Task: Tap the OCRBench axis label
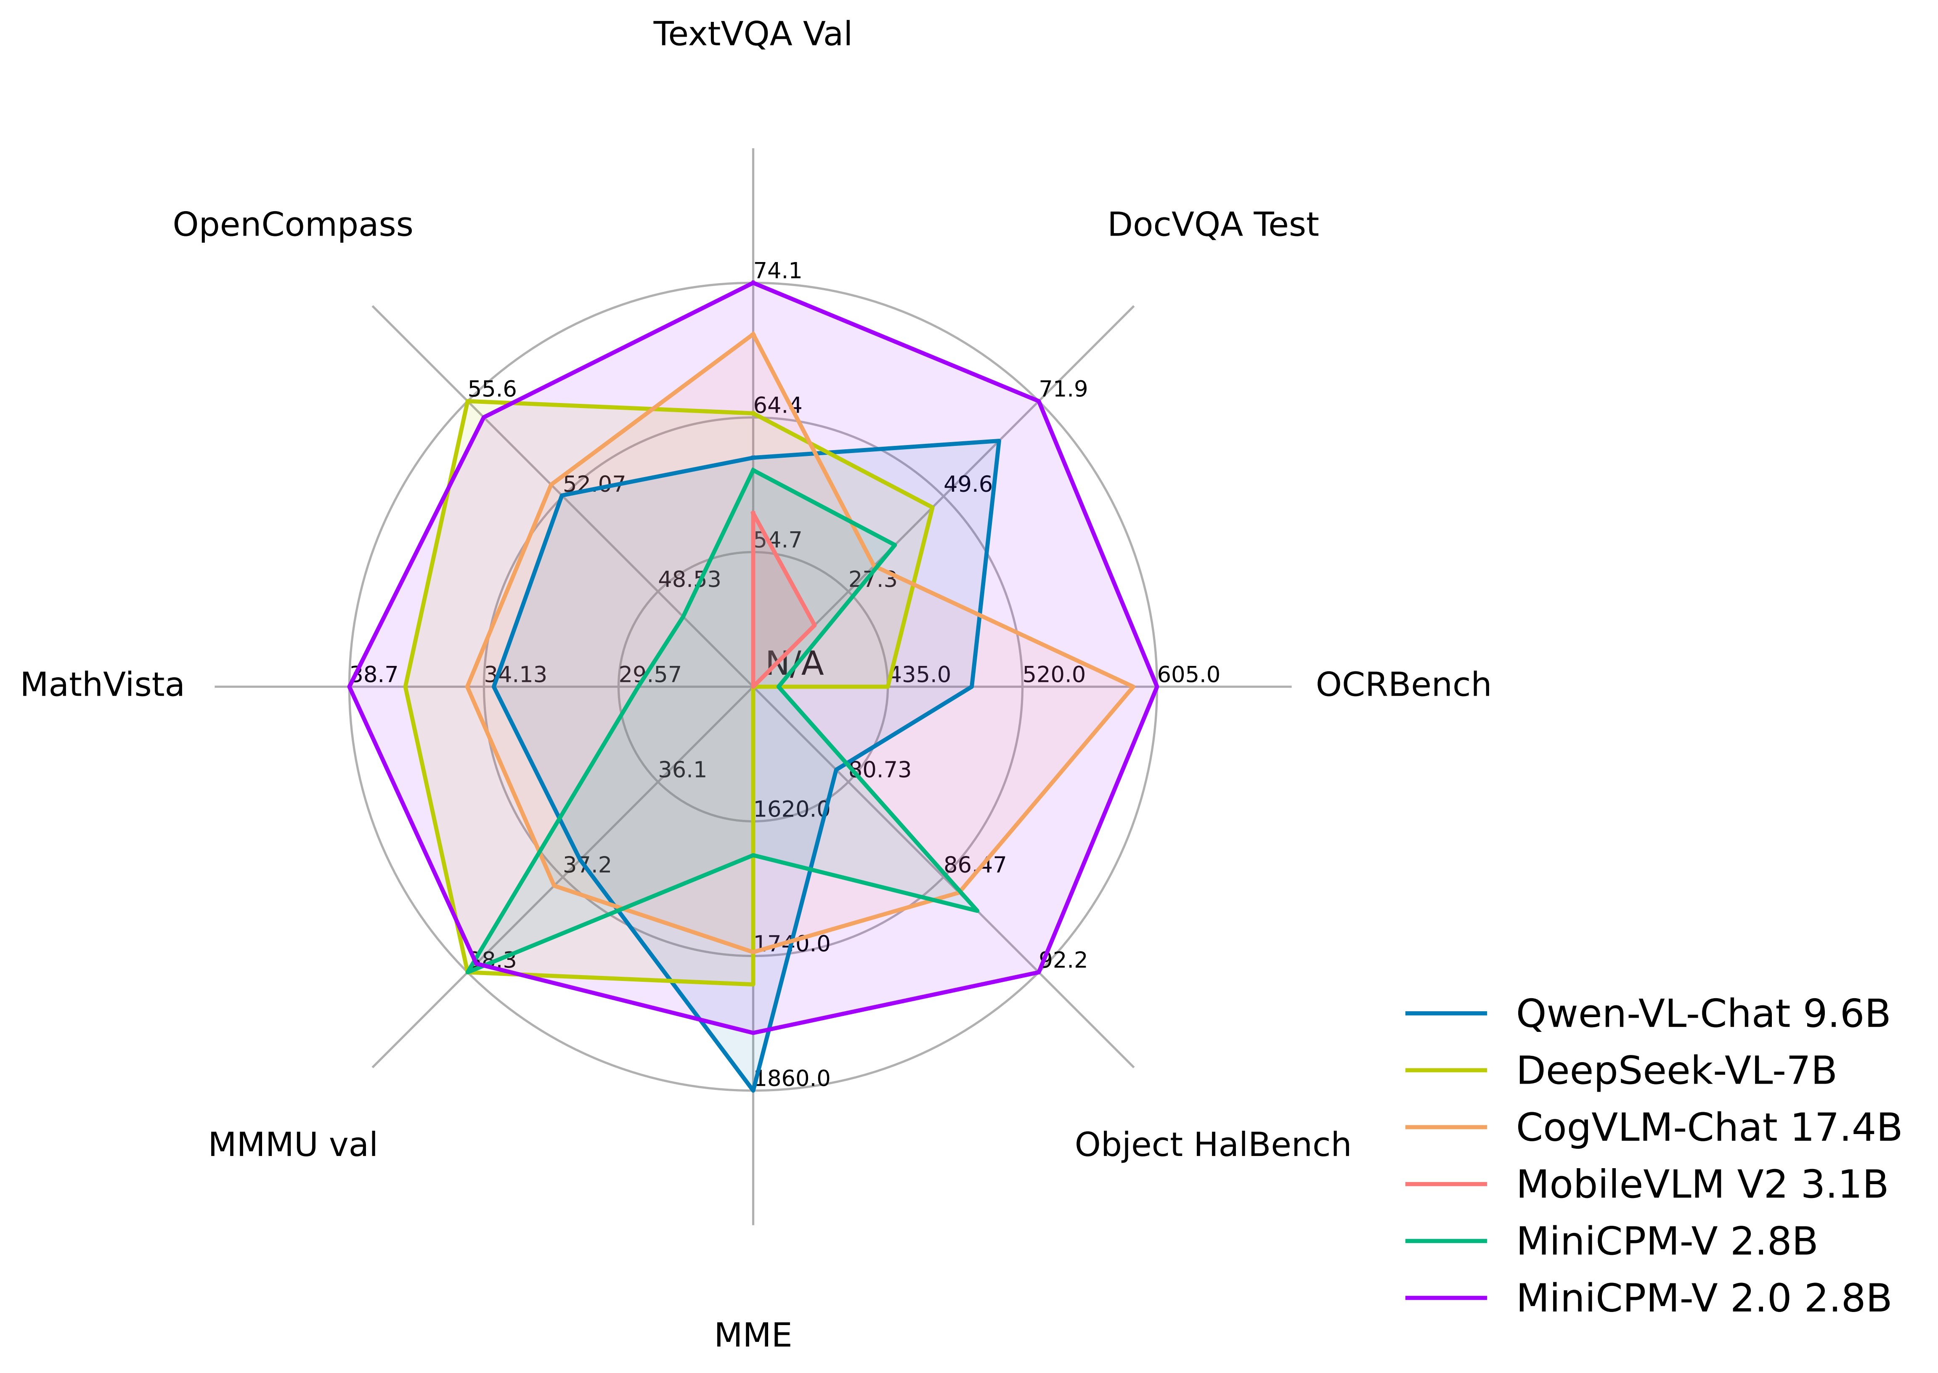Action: coord(1403,685)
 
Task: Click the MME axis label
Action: coord(753,1336)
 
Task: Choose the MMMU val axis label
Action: coord(292,1145)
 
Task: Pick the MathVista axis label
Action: coord(102,685)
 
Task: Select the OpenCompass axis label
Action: coord(292,225)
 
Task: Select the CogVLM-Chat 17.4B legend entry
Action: coord(1708,1128)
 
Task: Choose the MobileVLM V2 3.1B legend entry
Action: coord(1701,1185)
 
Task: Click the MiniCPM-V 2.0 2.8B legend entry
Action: coord(1703,1299)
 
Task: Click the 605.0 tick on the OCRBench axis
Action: coord(1188,675)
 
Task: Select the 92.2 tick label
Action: coord(1063,960)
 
